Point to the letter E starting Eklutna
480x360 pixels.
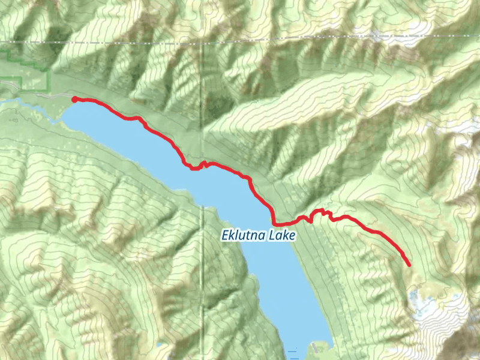(x=224, y=236)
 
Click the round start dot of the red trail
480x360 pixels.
(x=74, y=99)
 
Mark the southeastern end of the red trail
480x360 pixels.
(x=409, y=264)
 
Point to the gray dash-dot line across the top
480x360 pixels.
(x=240, y=41)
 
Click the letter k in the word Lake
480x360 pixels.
(x=286, y=236)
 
